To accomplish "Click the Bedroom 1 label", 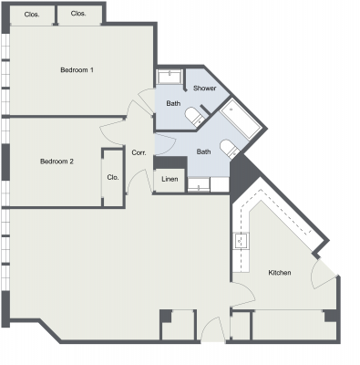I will point(77,70).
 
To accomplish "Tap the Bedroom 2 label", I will point(57,162).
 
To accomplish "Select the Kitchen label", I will point(279,273).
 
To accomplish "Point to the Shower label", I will point(204,88).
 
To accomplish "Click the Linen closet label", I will point(170,180).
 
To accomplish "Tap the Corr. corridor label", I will point(139,152).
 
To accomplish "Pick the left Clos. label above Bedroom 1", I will point(31,14).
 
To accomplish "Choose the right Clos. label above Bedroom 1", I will point(78,14).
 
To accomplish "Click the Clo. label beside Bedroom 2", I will point(112,177).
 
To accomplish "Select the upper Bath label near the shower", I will point(173,103).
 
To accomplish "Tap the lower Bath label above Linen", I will point(204,151).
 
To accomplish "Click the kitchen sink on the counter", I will point(242,242).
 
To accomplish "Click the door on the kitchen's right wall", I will point(324,271).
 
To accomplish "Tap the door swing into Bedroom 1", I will point(139,110).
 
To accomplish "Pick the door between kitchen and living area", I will point(241,294).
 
